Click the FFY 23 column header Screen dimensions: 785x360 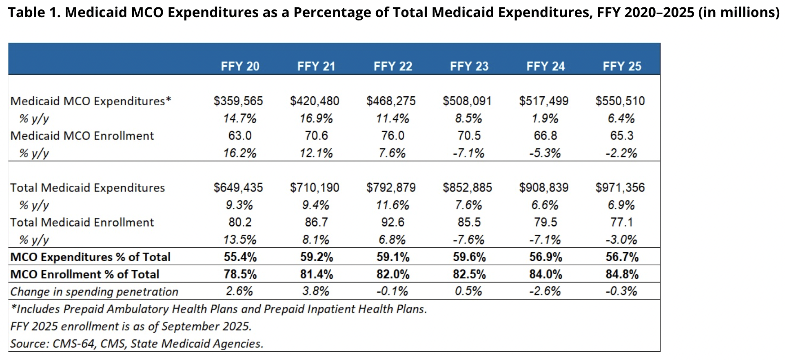pos(469,66)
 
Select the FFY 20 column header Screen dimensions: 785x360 pos(240,66)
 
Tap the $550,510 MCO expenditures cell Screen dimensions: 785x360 pos(620,101)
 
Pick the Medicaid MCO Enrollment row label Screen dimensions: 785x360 pos(82,136)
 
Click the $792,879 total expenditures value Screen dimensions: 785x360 pos(391,187)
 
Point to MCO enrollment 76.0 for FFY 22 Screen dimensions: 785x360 pos(392,136)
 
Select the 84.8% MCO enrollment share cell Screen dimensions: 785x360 pos(622,274)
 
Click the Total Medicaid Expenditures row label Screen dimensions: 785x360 pos(88,188)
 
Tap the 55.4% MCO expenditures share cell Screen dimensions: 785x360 pos(240,257)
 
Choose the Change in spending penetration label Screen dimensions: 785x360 pos(94,291)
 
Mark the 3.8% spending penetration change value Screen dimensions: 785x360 pos(316,291)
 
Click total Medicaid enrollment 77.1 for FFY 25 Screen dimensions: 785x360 pos(622,222)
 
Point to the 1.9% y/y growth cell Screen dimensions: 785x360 pos(545,118)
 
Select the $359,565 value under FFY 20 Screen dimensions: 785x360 pos(238,101)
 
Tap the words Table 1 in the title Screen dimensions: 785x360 pos(33,12)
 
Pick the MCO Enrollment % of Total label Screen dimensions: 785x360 pos(85,274)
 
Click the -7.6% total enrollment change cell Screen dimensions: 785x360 pos(468,239)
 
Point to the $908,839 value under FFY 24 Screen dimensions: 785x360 pos(543,187)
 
